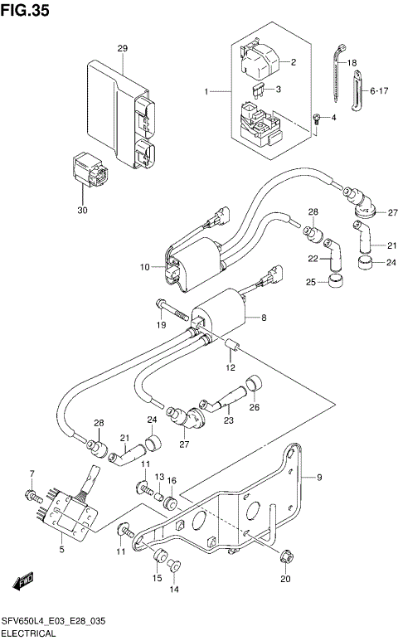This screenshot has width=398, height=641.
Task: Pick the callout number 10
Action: click(x=143, y=267)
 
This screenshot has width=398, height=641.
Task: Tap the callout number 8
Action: click(x=264, y=317)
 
